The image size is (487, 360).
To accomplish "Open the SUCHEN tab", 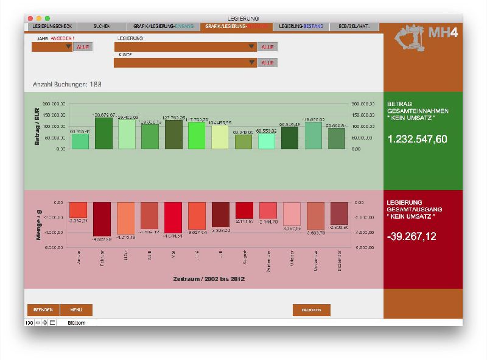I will (x=102, y=27).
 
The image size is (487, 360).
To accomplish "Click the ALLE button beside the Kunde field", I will (x=267, y=62).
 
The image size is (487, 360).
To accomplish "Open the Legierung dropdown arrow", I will (x=251, y=47).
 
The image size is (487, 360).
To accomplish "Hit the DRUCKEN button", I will (x=311, y=309).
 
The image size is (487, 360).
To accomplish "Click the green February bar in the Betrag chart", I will (x=103, y=133).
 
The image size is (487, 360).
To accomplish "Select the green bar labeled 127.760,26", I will (x=174, y=134).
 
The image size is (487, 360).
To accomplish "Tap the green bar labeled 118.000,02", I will (x=314, y=135).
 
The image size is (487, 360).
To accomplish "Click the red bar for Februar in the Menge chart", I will (x=102, y=219).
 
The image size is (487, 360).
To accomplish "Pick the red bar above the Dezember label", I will (x=339, y=213).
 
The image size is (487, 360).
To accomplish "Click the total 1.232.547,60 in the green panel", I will (x=417, y=139).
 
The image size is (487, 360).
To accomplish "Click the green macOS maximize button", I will (x=47, y=18).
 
